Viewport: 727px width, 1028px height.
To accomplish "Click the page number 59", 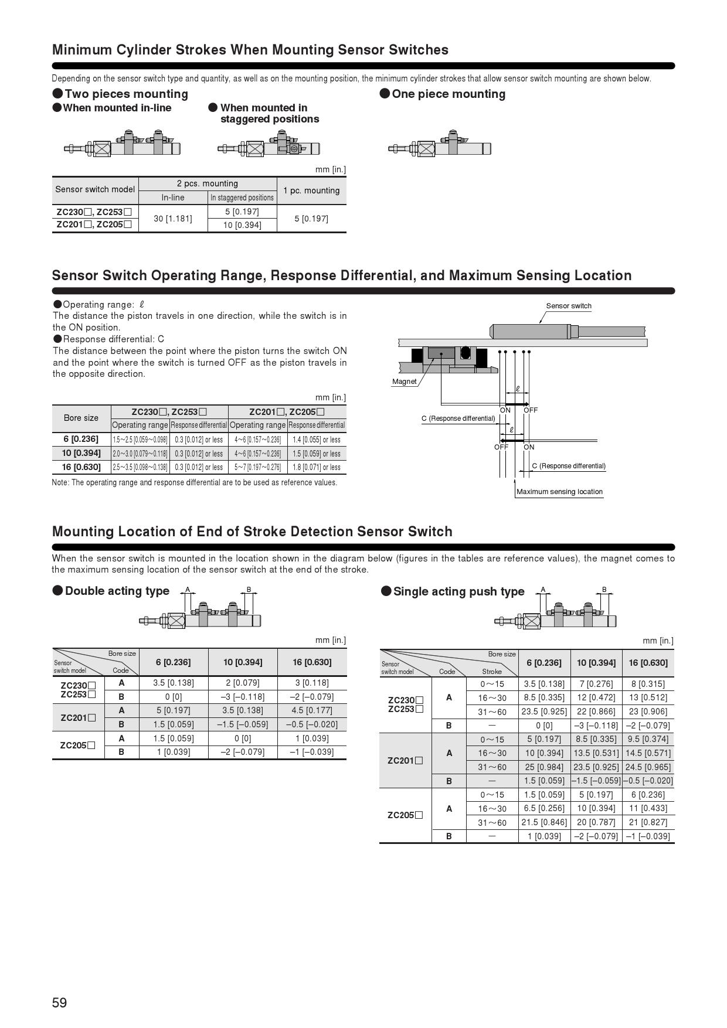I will point(59,1003).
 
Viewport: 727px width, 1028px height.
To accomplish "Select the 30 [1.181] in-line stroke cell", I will point(172,219).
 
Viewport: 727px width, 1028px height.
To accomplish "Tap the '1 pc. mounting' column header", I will point(311,190).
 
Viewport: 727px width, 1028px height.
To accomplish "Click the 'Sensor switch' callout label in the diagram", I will point(569,306).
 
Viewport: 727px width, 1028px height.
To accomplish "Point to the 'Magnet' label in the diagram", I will point(404,382).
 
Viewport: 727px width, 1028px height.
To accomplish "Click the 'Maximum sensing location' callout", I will point(559,492).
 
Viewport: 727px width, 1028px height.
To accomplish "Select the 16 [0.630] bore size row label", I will point(81,467).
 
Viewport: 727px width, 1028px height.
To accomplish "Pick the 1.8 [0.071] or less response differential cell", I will point(317,467).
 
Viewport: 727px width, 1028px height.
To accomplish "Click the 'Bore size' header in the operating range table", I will point(81,418).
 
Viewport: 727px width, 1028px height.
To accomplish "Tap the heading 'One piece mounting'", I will point(449,94).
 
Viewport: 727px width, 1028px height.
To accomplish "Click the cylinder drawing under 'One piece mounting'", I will point(440,145).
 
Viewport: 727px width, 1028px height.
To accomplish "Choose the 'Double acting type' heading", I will point(117,591).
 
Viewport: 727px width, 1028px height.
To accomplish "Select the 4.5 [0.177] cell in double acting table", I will point(312,710).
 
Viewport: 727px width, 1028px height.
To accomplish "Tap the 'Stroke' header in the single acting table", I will point(492,672).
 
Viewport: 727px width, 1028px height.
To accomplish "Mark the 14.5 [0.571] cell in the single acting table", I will point(648,753).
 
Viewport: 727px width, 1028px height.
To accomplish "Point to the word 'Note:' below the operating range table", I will point(61,483).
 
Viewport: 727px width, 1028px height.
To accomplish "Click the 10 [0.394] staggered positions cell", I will point(242,225).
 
